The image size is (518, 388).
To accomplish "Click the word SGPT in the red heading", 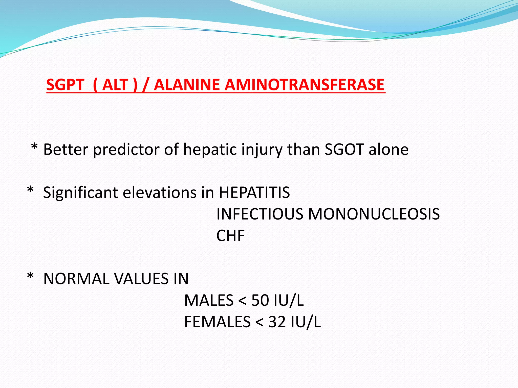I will (x=65, y=85).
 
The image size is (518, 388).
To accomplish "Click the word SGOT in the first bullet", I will (x=344, y=150).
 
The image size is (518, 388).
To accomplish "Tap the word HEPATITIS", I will (x=254, y=193).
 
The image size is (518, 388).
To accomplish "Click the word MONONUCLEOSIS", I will (x=374, y=214).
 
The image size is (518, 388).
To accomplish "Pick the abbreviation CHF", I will (x=230, y=236).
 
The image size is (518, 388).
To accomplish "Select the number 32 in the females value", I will (x=277, y=322).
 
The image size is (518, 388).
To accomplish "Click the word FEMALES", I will (x=217, y=322).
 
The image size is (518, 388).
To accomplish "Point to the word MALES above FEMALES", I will (x=209, y=301).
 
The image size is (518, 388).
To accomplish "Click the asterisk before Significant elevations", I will (x=30, y=190).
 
